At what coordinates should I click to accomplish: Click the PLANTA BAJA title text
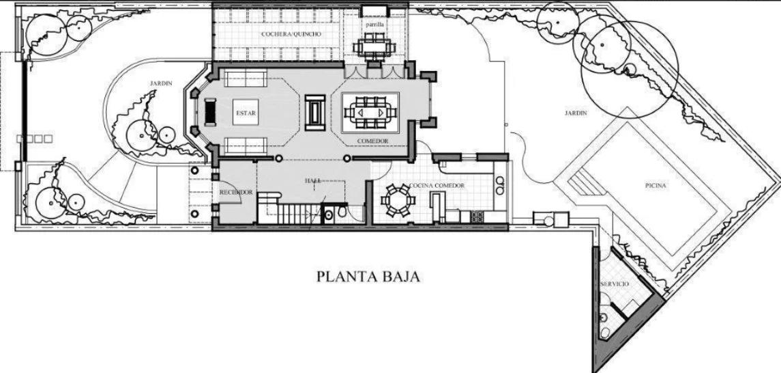368,276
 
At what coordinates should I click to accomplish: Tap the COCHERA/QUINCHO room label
291,34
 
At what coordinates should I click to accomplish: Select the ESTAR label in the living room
246,113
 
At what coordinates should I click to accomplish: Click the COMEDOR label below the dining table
372,141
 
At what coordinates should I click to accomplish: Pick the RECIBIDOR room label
236,192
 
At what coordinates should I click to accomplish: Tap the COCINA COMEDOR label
437,186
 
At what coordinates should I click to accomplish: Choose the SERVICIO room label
616,284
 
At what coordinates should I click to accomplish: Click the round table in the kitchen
398,200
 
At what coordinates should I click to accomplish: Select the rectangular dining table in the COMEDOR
370,113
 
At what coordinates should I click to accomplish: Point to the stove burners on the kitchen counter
477,217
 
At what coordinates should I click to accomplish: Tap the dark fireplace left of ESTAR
211,112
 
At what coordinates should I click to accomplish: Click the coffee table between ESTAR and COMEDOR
315,112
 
